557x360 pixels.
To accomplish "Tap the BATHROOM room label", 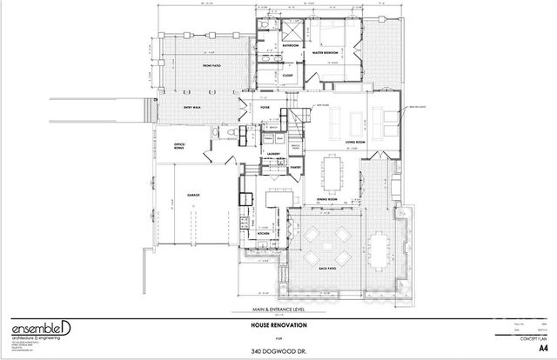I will point(290,44).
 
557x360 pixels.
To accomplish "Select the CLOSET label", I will point(288,76).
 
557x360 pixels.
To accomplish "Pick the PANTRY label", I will point(297,167).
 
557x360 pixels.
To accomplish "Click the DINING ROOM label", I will point(327,199).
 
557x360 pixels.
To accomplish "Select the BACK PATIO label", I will point(328,270).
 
